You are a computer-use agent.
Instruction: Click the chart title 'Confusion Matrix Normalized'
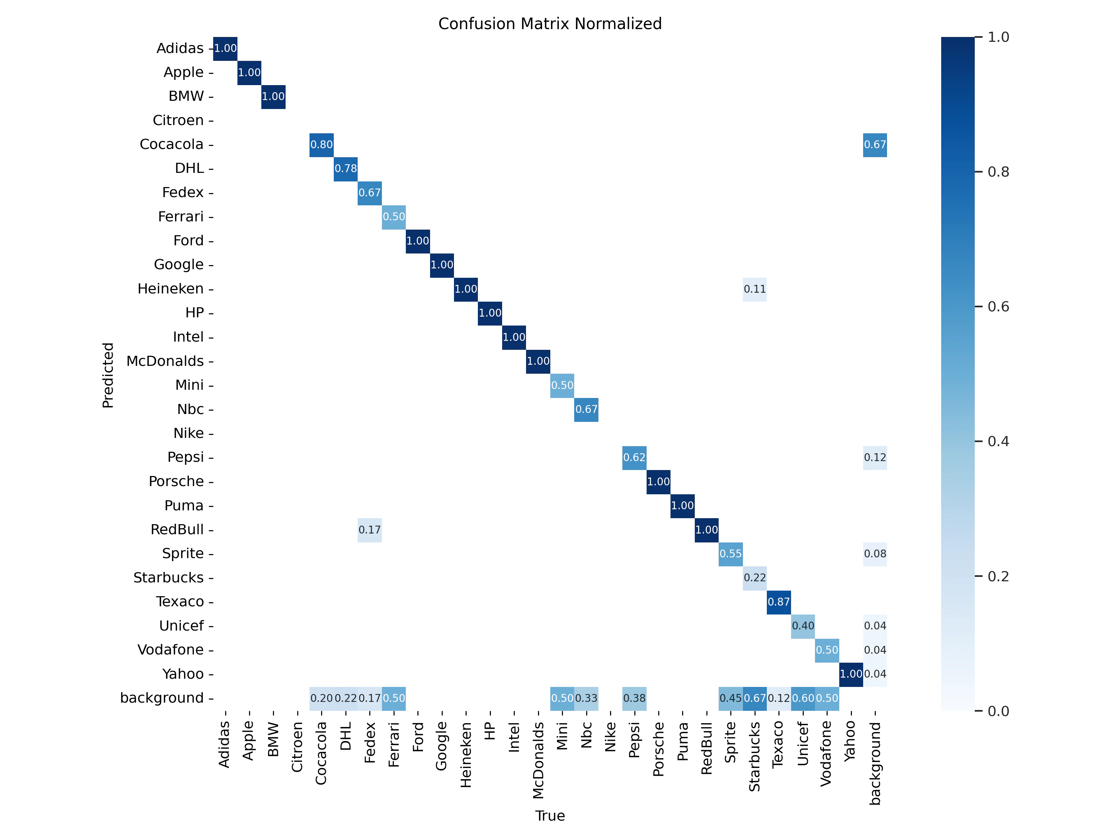550,24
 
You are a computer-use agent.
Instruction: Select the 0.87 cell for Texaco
779,601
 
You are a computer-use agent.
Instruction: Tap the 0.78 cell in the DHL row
346,169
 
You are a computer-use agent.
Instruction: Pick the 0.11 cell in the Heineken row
755,289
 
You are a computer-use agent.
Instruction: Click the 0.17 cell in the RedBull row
370,530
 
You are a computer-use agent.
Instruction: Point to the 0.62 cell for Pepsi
634,457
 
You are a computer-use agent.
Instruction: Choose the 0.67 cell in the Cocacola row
875,145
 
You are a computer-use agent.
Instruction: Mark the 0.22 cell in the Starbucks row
755,578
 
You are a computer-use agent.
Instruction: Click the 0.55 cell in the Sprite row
731,553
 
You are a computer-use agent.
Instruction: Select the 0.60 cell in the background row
803,698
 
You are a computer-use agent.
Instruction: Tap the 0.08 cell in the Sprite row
875,553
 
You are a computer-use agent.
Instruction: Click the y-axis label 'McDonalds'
165,361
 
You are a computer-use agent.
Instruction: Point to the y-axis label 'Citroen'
178,121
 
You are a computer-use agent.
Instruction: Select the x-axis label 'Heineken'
466,755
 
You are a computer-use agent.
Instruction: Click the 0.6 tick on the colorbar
998,307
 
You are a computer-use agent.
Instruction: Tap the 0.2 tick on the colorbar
998,576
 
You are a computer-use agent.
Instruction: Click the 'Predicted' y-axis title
108,375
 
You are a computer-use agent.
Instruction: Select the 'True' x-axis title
550,816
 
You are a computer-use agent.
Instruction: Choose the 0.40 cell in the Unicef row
803,626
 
